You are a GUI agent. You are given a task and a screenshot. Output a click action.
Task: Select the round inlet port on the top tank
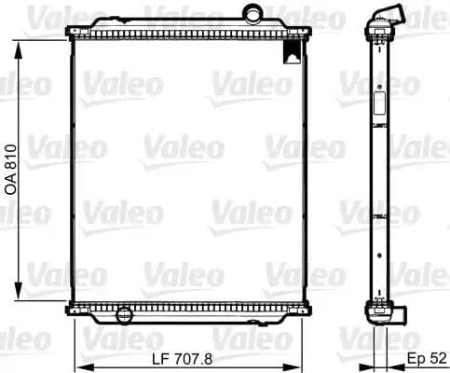point(253,14)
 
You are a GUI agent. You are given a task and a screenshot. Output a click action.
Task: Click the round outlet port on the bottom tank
point(124,314)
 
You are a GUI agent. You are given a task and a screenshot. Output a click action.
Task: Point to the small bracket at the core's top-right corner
point(294,51)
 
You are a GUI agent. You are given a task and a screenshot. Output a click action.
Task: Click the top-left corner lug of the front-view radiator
point(71,35)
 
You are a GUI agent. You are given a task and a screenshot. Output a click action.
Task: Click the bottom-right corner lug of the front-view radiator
point(306,309)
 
